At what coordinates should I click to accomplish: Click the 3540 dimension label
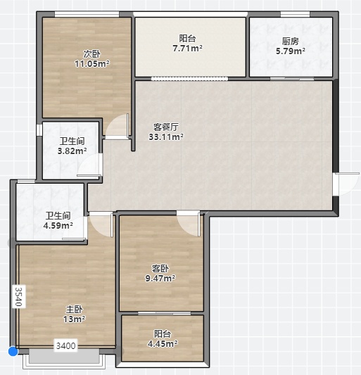pos(19,297)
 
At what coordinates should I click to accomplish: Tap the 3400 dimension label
pos(65,345)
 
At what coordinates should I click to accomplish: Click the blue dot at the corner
pos(13,351)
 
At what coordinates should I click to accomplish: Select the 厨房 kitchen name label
pos(291,41)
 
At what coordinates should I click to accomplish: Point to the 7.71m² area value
pos(187,49)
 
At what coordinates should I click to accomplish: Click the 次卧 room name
pos(92,53)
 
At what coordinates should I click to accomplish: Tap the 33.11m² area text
pos(166,136)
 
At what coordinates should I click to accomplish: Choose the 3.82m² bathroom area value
pos(72,151)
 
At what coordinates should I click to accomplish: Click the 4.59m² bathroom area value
pos(58,225)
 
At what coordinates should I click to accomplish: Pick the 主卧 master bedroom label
pos(75,309)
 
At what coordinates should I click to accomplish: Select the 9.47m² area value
pos(160,278)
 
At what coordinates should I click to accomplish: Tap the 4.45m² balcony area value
pos(163,343)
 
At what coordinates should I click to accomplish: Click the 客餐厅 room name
pos(166,127)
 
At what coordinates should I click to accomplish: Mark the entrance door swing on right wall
pos(348,184)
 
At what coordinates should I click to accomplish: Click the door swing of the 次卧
pos(118,126)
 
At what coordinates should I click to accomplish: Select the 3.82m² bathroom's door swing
pos(89,165)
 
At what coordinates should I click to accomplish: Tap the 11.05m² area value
pos(92,63)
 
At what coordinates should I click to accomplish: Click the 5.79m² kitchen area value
pos(291,51)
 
